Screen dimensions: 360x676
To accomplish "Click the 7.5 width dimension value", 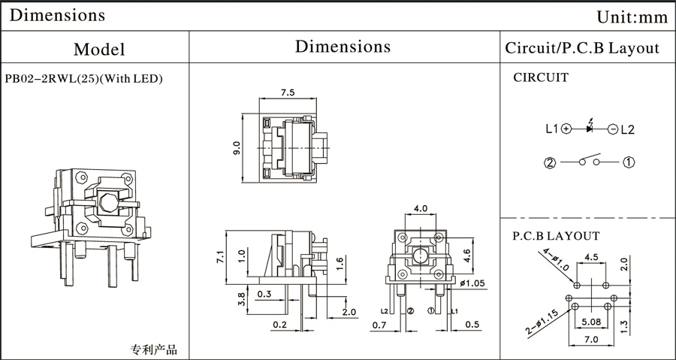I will (x=288, y=93).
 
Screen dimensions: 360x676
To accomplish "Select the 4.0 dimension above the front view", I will (x=420, y=207).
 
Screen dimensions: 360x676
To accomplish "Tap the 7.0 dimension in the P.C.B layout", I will (x=592, y=340).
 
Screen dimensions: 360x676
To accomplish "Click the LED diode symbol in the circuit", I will (x=590, y=129).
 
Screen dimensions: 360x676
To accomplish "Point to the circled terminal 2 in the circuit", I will (x=550, y=162).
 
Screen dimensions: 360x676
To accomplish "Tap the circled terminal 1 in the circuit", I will (x=629, y=162).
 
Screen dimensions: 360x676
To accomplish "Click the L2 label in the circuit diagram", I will (x=627, y=129).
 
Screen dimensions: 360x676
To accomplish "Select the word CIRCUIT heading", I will (x=541, y=77).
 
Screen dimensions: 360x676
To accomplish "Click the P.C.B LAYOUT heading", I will (x=557, y=235).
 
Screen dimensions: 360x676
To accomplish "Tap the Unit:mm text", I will (x=631, y=17).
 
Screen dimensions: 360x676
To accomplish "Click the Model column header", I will (x=99, y=50).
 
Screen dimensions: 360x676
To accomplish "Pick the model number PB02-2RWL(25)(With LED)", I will (x=84, y=77).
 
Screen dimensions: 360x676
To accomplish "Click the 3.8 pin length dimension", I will (x=240, y=300).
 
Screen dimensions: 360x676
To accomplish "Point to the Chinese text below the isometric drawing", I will (x=154, y=349).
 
